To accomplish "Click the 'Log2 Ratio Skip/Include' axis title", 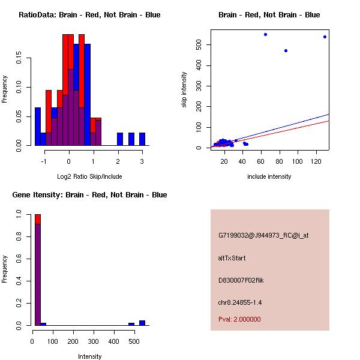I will click(x=89, y=176).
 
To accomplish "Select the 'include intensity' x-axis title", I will click(x=269, y=176).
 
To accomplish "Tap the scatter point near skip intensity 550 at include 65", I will click(x=265, y=34).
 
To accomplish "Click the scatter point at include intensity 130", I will click(x=325, y=37).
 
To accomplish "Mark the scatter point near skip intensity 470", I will click(x=286, y=50).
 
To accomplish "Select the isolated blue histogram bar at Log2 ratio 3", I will click(x=142, y=139).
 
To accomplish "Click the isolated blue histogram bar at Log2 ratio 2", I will click(x=120, y=139).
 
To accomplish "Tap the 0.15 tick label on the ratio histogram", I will click(x=20, y=60).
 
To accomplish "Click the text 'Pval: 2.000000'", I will click(x=239, y=319).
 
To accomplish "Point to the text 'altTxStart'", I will click(x=232, y=258).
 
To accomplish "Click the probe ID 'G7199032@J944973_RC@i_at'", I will click(x=263, y=236).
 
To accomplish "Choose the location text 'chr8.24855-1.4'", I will click(x=240, y=302).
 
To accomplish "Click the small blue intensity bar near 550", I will click(x=142, y=323).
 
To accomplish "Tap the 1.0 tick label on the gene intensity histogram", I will click(x=20, y=214).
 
